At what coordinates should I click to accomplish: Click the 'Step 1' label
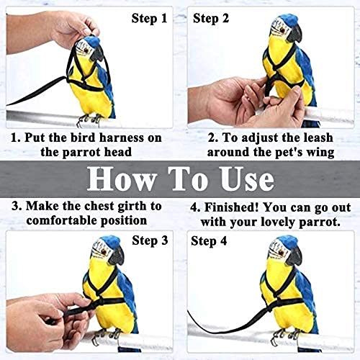(x=149, y=19)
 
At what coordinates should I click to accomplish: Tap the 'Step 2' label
(x=211, y=19)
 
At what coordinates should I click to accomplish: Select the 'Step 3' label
(x=150, y=240)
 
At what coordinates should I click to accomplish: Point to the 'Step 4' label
(x=209, y=241)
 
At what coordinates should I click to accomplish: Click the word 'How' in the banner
(x=121, y=179)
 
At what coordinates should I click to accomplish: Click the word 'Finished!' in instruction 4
(x=232, y=207)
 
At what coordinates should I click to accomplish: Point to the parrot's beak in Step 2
(x=294, y=35)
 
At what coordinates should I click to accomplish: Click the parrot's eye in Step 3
(x=104, y=251)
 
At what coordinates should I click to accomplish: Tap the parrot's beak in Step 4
(x=294, y=257)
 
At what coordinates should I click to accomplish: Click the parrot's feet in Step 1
(x=89, y=120)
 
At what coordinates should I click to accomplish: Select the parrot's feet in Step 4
(x=285, y=336)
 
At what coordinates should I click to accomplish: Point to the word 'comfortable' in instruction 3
(x=62, y=220)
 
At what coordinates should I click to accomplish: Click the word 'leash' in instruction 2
(x=318, y=138)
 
